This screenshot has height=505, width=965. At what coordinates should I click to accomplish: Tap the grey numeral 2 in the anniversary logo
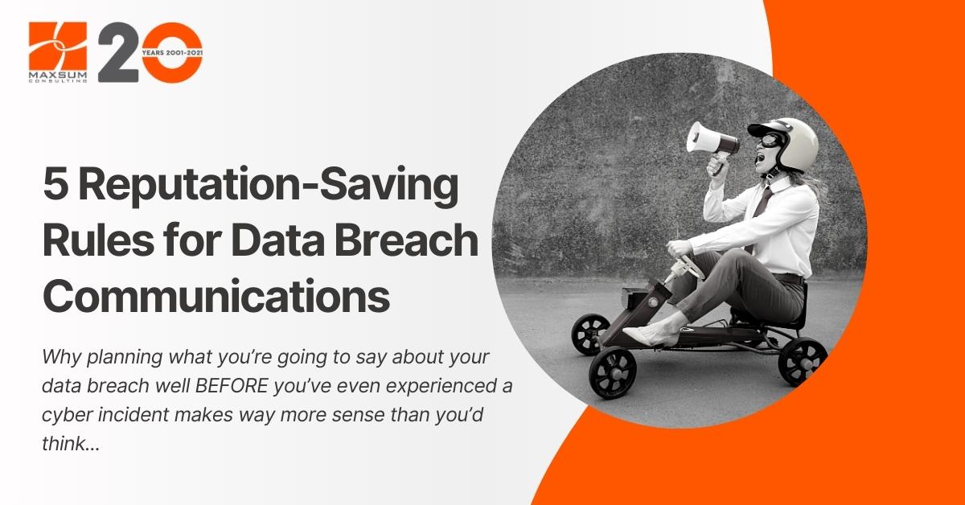[118, 52]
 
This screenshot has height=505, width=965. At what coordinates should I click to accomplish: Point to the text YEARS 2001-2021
[172, 52]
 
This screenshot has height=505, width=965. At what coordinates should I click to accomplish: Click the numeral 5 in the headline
[55, 184]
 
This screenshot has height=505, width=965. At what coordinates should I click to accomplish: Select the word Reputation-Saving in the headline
[269, 187]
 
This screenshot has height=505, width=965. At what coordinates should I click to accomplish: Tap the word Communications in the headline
[216, 296]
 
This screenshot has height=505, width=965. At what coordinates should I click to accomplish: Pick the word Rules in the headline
[99, 240]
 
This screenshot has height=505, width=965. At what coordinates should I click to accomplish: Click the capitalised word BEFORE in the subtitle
[232, 386]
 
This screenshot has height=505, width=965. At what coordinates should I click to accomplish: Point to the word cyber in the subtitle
[67, 416]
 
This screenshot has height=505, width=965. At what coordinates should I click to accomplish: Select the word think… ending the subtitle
[71, 443]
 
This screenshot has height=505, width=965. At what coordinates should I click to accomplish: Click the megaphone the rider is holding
[712, 143]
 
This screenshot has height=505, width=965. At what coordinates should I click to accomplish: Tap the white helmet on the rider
[787, 142]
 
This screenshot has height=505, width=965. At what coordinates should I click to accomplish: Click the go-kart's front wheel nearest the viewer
[613, 372]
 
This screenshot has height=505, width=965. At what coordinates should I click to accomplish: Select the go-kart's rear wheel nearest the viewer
[803, 361]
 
